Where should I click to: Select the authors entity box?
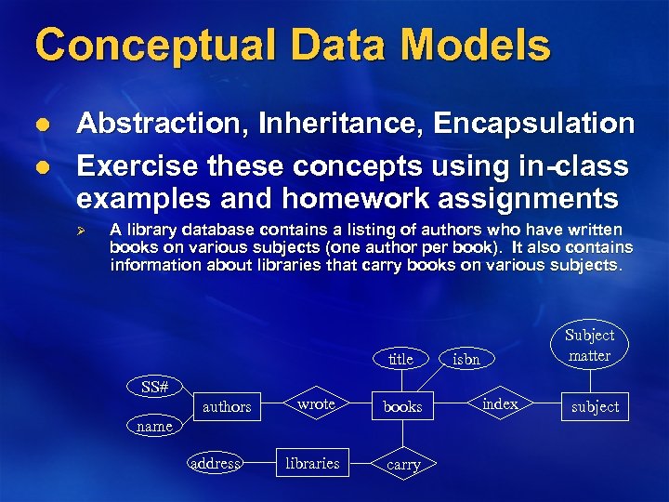click(x=227, y=406)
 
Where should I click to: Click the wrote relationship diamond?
click(x=316, y=404)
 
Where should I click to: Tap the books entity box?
click(x=402, y=406)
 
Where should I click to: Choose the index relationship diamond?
click(x=500, y=403)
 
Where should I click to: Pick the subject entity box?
click(x=596, y=406)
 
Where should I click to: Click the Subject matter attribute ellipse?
click(x=590, y=345)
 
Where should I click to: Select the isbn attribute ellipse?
click(x=466, y=359)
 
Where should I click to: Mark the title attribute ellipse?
click(x=400, y=359)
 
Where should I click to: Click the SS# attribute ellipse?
click(x=154, y=386)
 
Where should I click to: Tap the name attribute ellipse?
click(x=154, y=427)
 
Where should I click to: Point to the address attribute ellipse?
click(x=215, y=463)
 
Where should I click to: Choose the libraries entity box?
click(x=312, y=463)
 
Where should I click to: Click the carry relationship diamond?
click(x=403, y=465)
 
